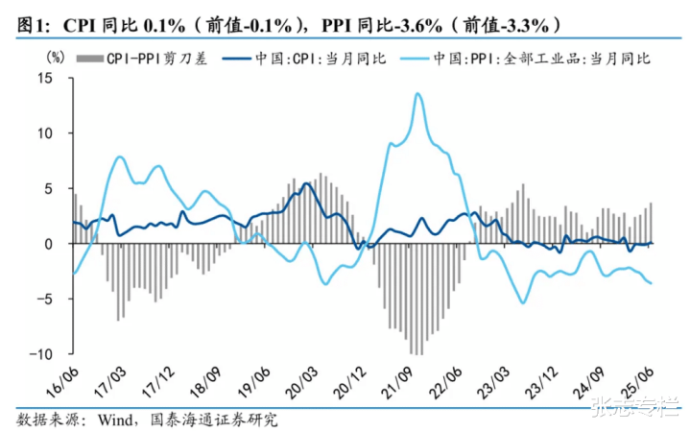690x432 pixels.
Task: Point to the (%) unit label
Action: tap(54, 59)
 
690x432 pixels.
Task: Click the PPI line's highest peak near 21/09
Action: tap(417, 93)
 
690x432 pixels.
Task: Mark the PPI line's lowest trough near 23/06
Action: tap(523, 303)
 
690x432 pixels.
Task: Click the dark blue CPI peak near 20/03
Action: tap(306, 183)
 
